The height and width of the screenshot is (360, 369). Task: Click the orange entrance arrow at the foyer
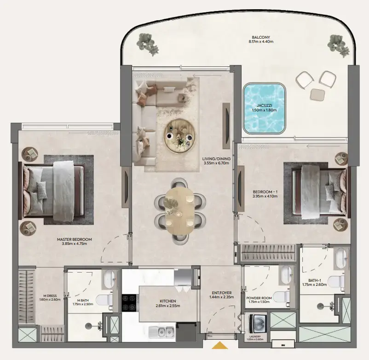tap(220, 345)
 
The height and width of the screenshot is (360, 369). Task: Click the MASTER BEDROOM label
tap(75, 239)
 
